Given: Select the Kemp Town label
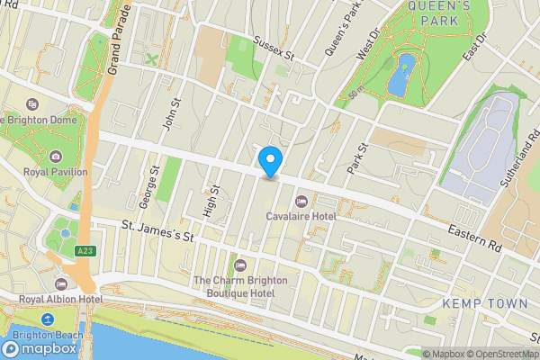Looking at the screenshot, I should (x=485, y=303).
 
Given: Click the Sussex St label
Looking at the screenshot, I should (x=274, y=48).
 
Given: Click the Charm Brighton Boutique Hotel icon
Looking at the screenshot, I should (x=240, y=265).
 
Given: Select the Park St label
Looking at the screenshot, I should (x=357, y=159).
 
